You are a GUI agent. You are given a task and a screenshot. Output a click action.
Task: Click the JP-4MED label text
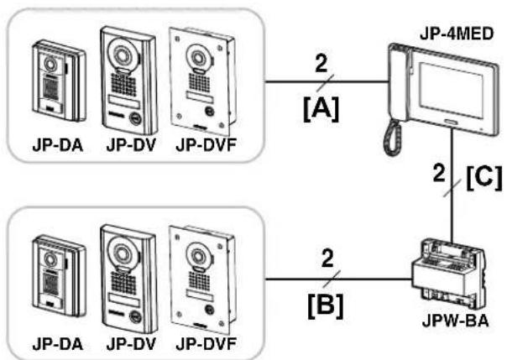[457, 34]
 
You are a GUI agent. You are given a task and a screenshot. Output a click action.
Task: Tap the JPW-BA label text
[455, 321]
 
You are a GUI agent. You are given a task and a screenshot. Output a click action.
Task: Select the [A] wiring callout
[321, 109]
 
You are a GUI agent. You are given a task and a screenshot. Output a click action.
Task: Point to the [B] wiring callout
[326, 305]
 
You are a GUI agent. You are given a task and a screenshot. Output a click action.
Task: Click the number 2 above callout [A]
[321, 63]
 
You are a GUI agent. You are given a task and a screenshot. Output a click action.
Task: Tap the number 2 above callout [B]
[327, 258]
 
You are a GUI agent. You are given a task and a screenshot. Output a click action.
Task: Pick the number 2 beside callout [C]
[439, 173]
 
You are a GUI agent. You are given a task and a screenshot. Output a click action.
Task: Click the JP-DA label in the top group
[58, 145]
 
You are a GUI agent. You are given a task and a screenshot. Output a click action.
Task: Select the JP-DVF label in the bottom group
[206, 344]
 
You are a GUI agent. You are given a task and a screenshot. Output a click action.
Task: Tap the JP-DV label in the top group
[131, 145]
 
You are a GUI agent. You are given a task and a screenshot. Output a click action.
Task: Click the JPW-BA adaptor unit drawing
[449, 274]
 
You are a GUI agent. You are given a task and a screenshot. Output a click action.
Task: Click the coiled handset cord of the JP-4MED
[393, 138]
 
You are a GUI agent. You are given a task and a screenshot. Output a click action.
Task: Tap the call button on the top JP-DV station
[135, 118]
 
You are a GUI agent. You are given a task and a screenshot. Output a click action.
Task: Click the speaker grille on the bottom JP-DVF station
[199, 280]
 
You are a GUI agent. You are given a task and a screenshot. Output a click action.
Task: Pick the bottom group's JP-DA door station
[59, 277]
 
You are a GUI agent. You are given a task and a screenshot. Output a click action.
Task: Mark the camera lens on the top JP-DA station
[50, 63]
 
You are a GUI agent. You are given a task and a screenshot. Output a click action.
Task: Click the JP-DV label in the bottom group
[131, 344]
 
